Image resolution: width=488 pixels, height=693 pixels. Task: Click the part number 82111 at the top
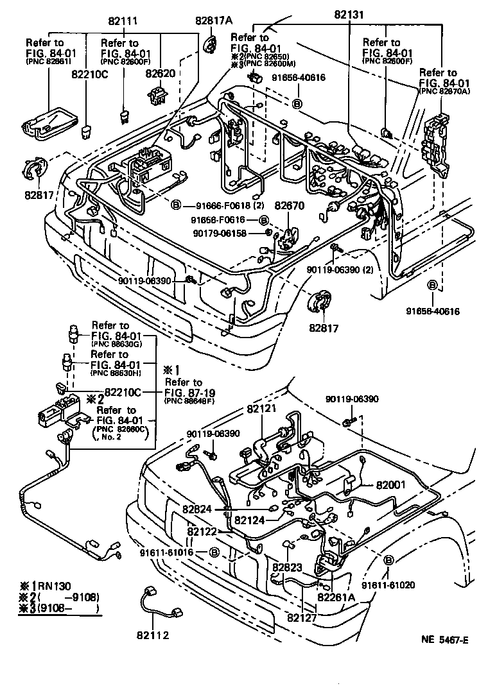[122, 22]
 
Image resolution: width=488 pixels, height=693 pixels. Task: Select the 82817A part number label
[213, 20]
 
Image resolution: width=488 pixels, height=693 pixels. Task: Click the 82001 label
[392, 485]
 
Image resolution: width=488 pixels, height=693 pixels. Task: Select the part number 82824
[196, 509]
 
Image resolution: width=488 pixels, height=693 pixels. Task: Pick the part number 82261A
[336, 597]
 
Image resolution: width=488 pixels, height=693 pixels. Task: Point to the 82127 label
[302, 618]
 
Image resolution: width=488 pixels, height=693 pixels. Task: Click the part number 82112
[152, 635]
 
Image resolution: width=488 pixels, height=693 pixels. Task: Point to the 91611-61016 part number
[168, 552]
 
